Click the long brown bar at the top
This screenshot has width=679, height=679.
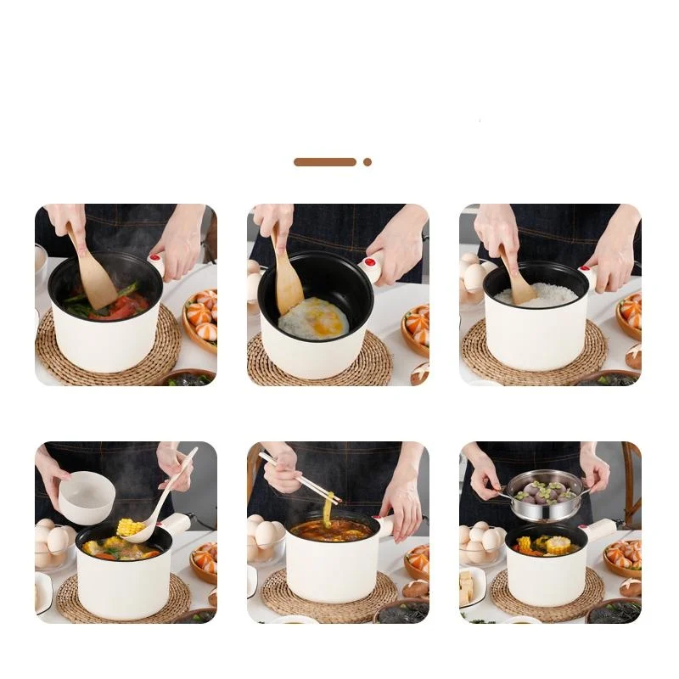point(325,161)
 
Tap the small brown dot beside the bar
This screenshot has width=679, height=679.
point(368,161)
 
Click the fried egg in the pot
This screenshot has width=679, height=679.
point(313,319)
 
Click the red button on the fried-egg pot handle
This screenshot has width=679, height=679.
point(371,262)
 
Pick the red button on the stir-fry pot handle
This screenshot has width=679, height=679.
point(155,260)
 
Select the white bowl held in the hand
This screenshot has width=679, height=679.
point(85,497)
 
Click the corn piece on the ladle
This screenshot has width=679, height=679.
point(130,527)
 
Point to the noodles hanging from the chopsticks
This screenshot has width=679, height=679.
point(327,509)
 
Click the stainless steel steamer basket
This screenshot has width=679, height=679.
point(544,496)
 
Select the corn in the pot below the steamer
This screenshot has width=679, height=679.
point(557,544)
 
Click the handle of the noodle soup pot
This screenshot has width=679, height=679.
point(386,526)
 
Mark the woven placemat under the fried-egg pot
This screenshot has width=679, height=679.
point(318,367)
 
